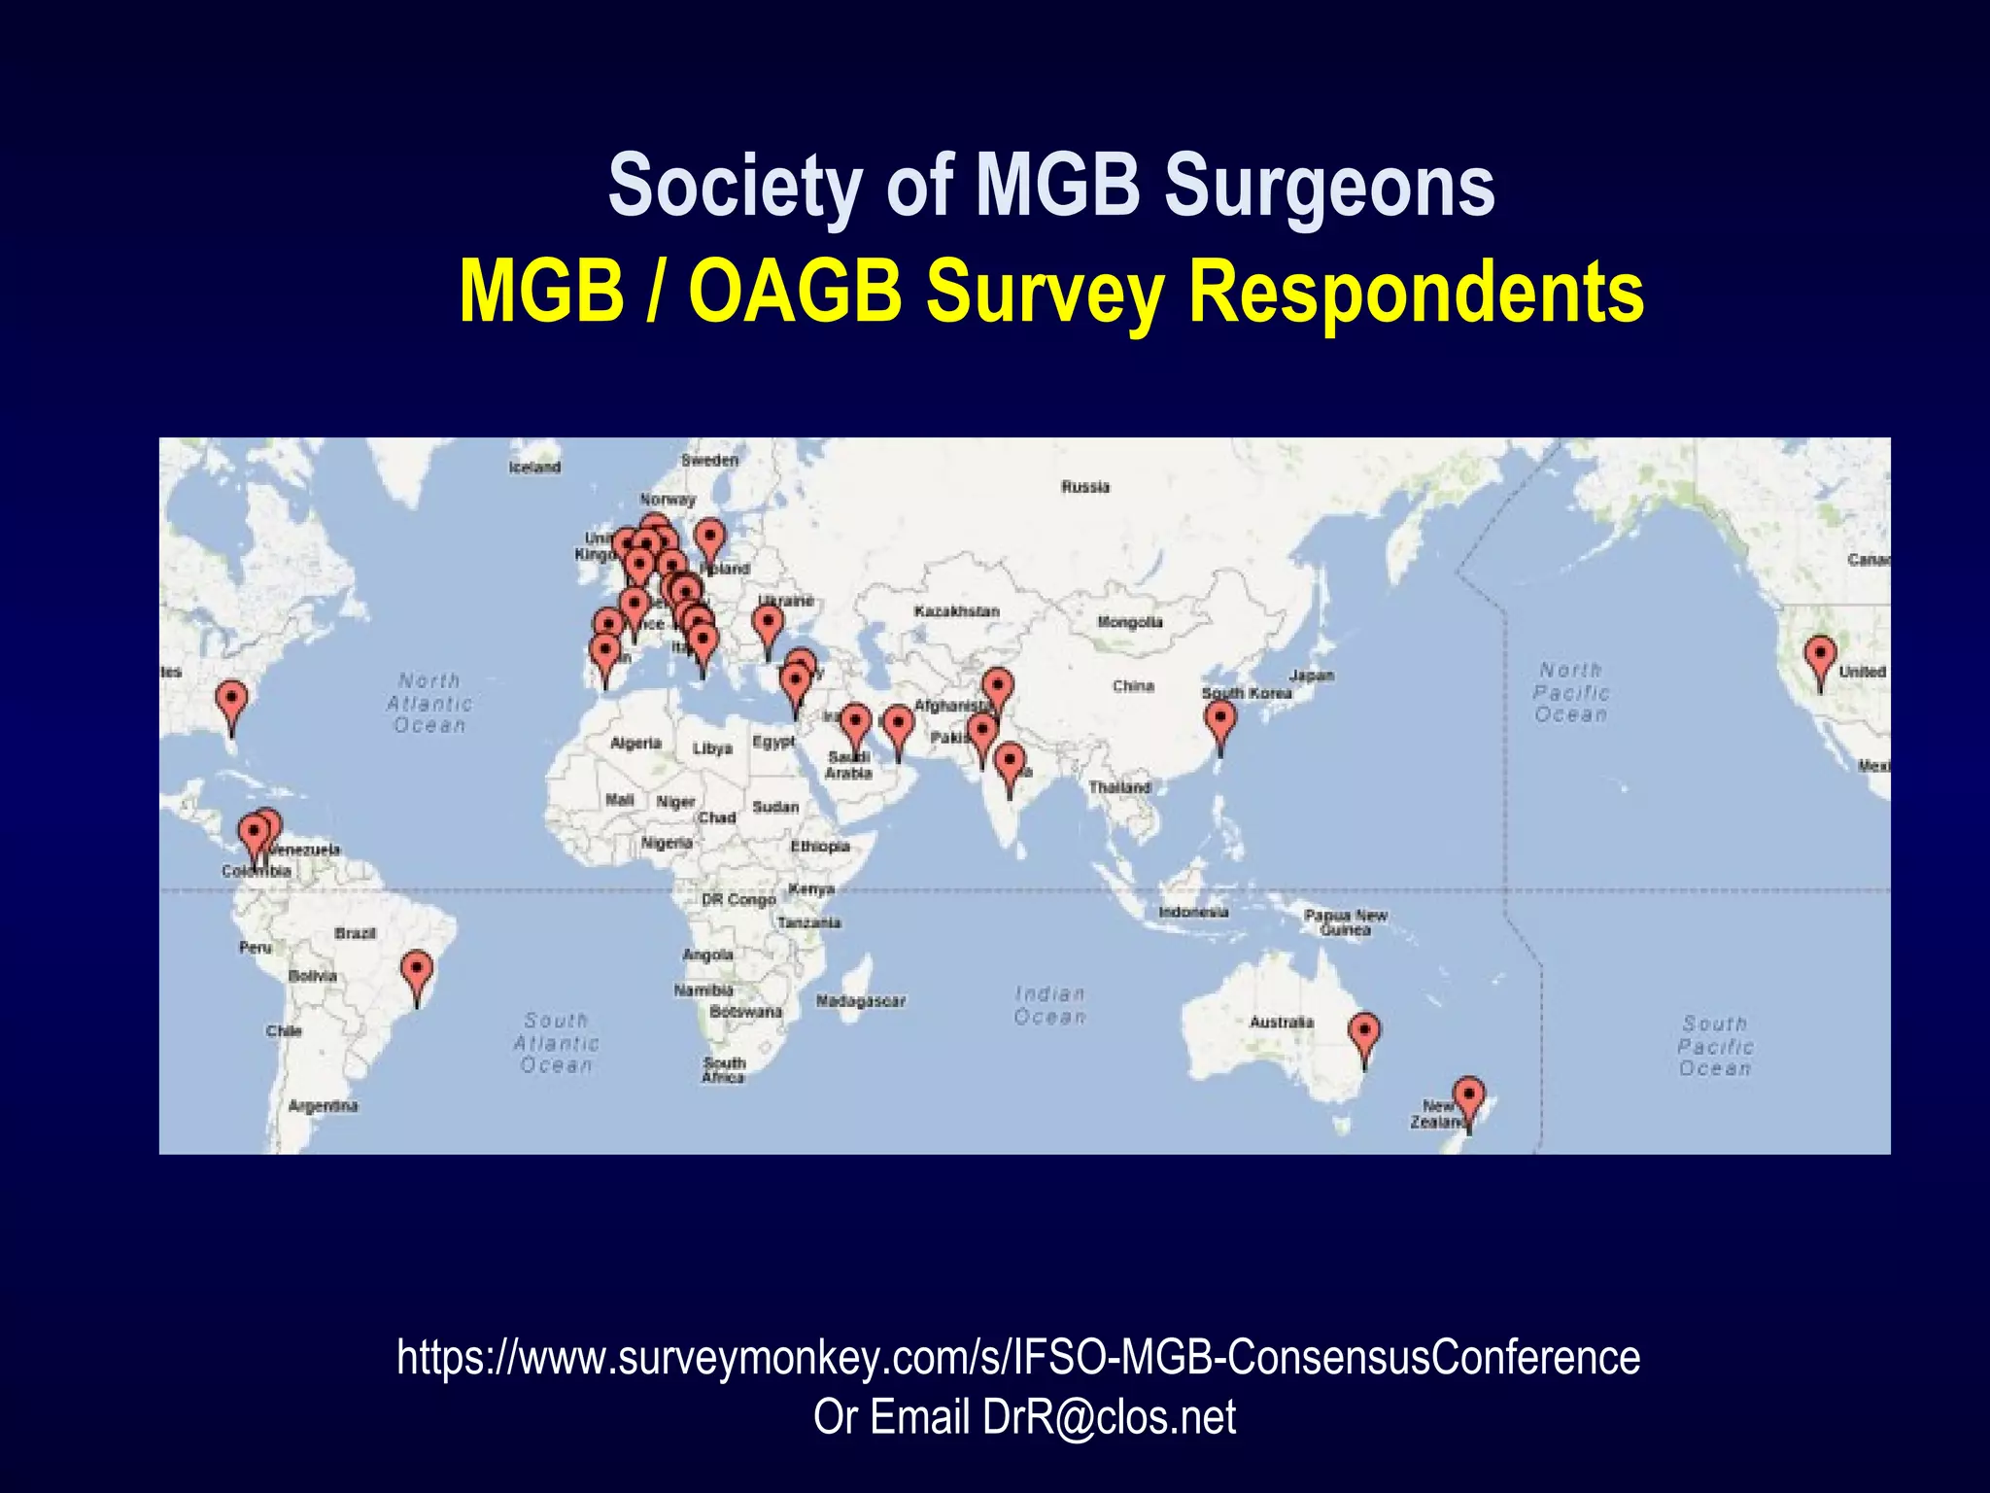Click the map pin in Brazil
tap(417, 973)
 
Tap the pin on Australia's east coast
tap(1364, 1033)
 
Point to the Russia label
tap(1084, 487)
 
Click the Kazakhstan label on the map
tap(956, 611)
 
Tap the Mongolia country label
tap(1129, 622)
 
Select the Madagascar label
tap(860, 1001)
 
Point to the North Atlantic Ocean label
tap(429, 703)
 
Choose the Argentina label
tap(323, 1106)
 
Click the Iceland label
tap(534, 468)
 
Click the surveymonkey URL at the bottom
tap(1017, 1357)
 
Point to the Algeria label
tap(635, 744)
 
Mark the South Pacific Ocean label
tap(1715, 1046)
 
